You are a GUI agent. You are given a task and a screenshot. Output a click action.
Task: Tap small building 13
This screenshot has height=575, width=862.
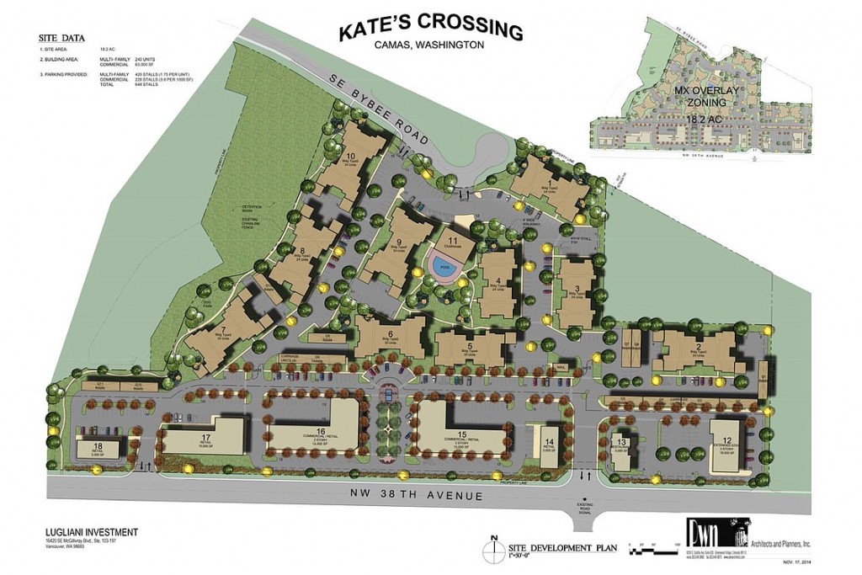point(622,443)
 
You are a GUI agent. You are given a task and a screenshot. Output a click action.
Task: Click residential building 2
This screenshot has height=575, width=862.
point(698,349)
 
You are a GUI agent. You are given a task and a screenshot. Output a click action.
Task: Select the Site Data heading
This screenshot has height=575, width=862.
point(61,39)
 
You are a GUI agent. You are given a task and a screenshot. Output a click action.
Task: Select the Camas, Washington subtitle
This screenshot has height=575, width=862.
point(429,45)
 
